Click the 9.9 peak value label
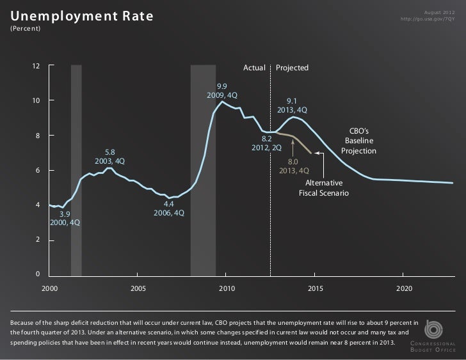coord(222,86)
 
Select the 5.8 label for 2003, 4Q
coord(109,152)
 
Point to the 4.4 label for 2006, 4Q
coord(169,204)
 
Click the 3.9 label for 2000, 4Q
coord(65,214)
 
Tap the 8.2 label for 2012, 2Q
coord(267,138)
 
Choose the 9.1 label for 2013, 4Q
coord(292,101)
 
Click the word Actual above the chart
coord(254,68)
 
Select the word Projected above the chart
coord(293,68)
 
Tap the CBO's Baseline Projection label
coord(358,140)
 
